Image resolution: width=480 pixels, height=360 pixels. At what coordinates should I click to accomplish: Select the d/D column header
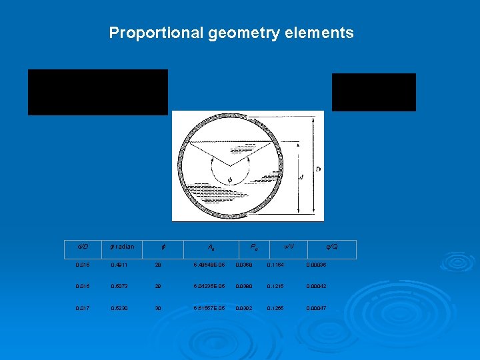click(x=84, y=247)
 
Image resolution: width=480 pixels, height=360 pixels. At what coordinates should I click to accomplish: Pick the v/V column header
click(x=289, y=247)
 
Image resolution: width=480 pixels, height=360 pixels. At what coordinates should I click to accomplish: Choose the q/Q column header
click(x=331, y=247)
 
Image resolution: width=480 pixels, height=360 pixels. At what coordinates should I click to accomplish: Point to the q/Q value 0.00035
click(x=317, y=265)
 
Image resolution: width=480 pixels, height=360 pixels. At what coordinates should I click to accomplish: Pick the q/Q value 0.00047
click(x=317, y=308)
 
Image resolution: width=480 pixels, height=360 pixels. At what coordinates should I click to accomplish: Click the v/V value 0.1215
click(x=276, y=287)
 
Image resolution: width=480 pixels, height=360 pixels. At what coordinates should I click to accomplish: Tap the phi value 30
click(x=159, y=308)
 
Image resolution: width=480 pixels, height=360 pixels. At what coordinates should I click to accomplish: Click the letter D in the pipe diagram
click(x=317, y=169)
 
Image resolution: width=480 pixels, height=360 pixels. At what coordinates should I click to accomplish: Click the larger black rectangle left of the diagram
click(x=97, y=92)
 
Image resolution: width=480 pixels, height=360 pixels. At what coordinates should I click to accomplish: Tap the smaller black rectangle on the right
click(x=373, y=92)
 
